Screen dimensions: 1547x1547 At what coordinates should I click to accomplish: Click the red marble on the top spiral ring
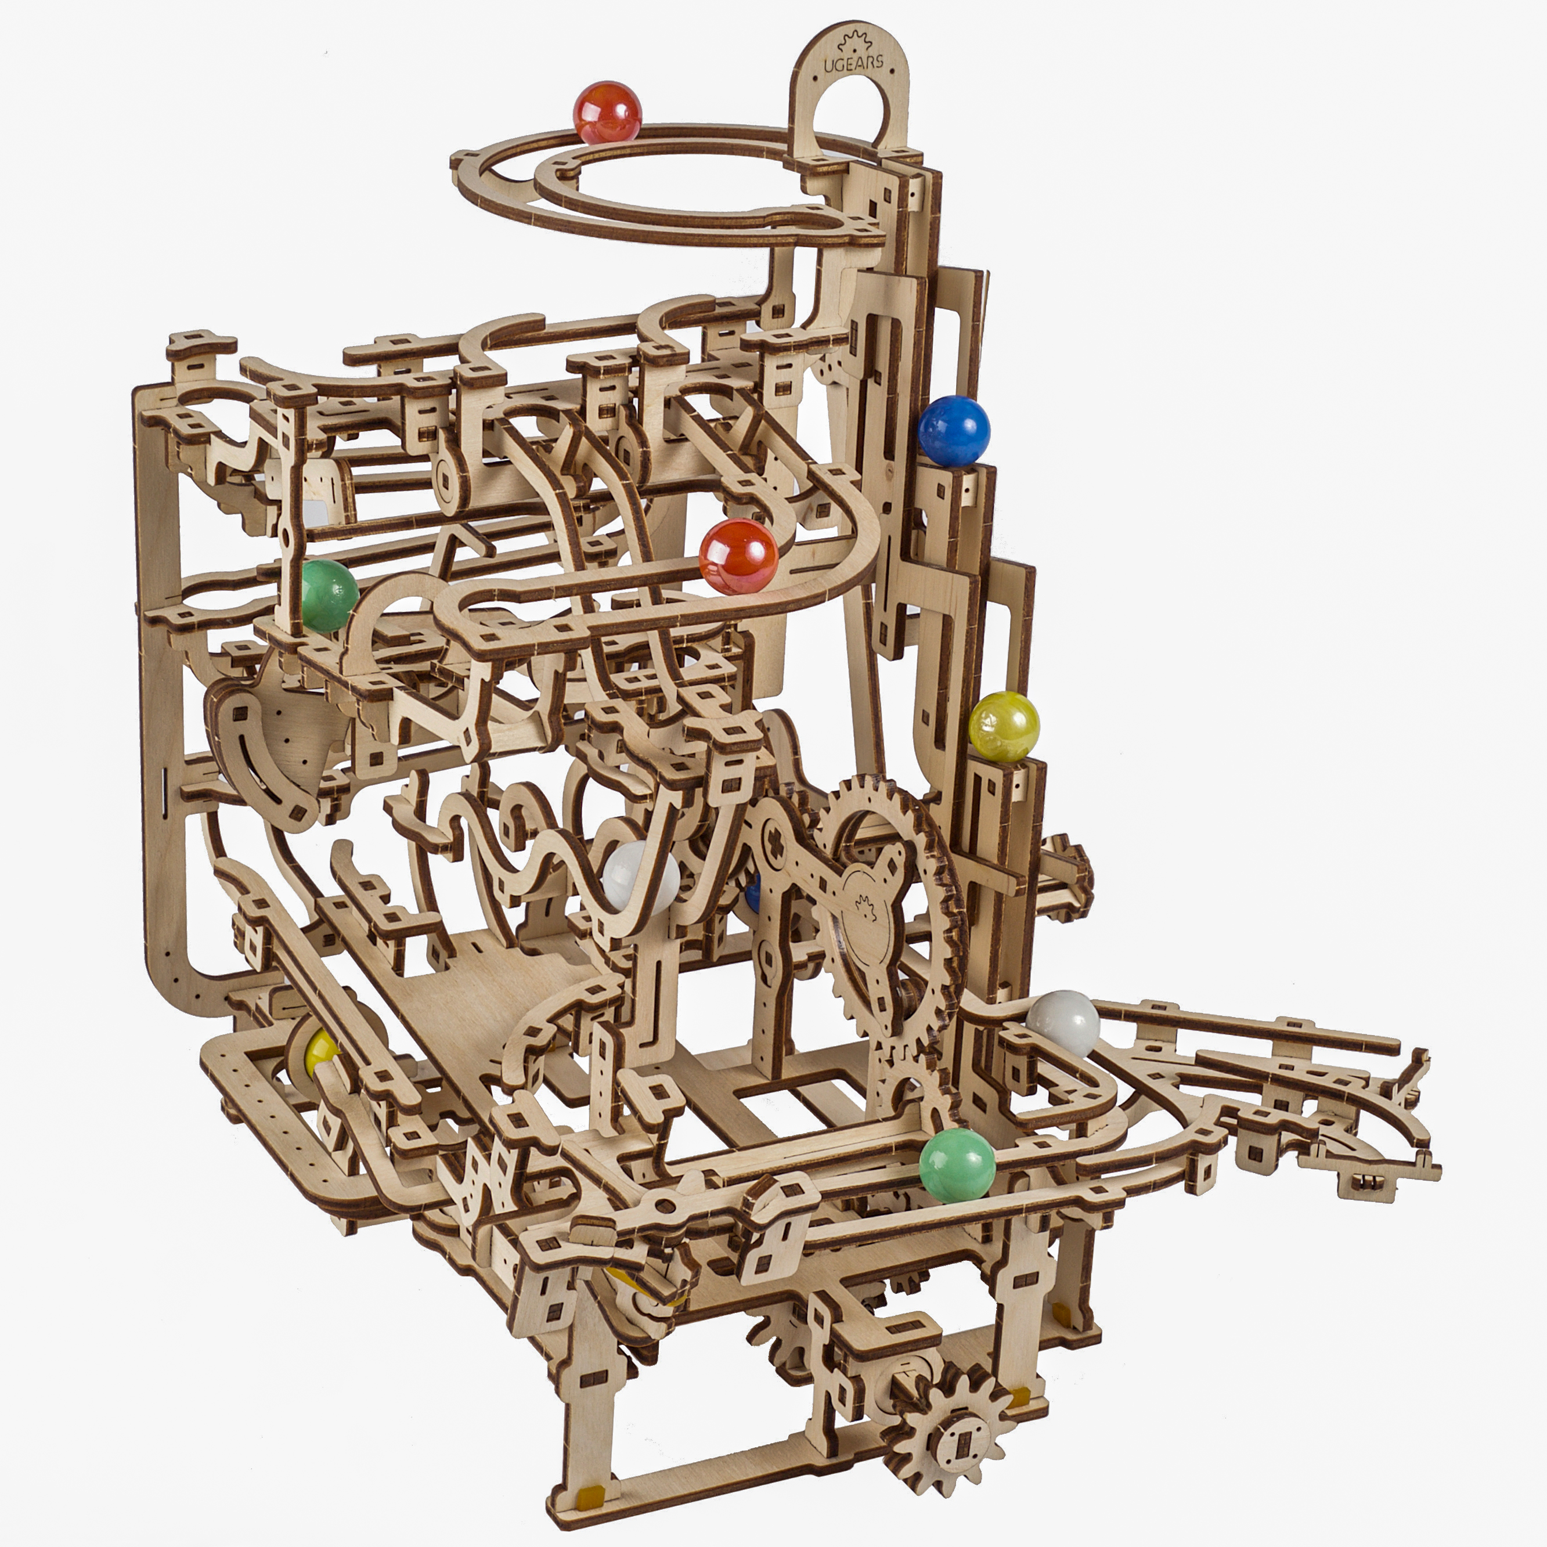coord(608,112)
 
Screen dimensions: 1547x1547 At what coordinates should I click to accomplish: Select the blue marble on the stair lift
coord(954,431)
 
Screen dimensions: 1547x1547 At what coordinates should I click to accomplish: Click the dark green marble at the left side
coord(329,596)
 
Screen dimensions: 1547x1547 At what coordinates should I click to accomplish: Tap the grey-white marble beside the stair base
coord(1063,1024)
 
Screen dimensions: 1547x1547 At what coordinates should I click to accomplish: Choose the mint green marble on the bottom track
coord(957,1165)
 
